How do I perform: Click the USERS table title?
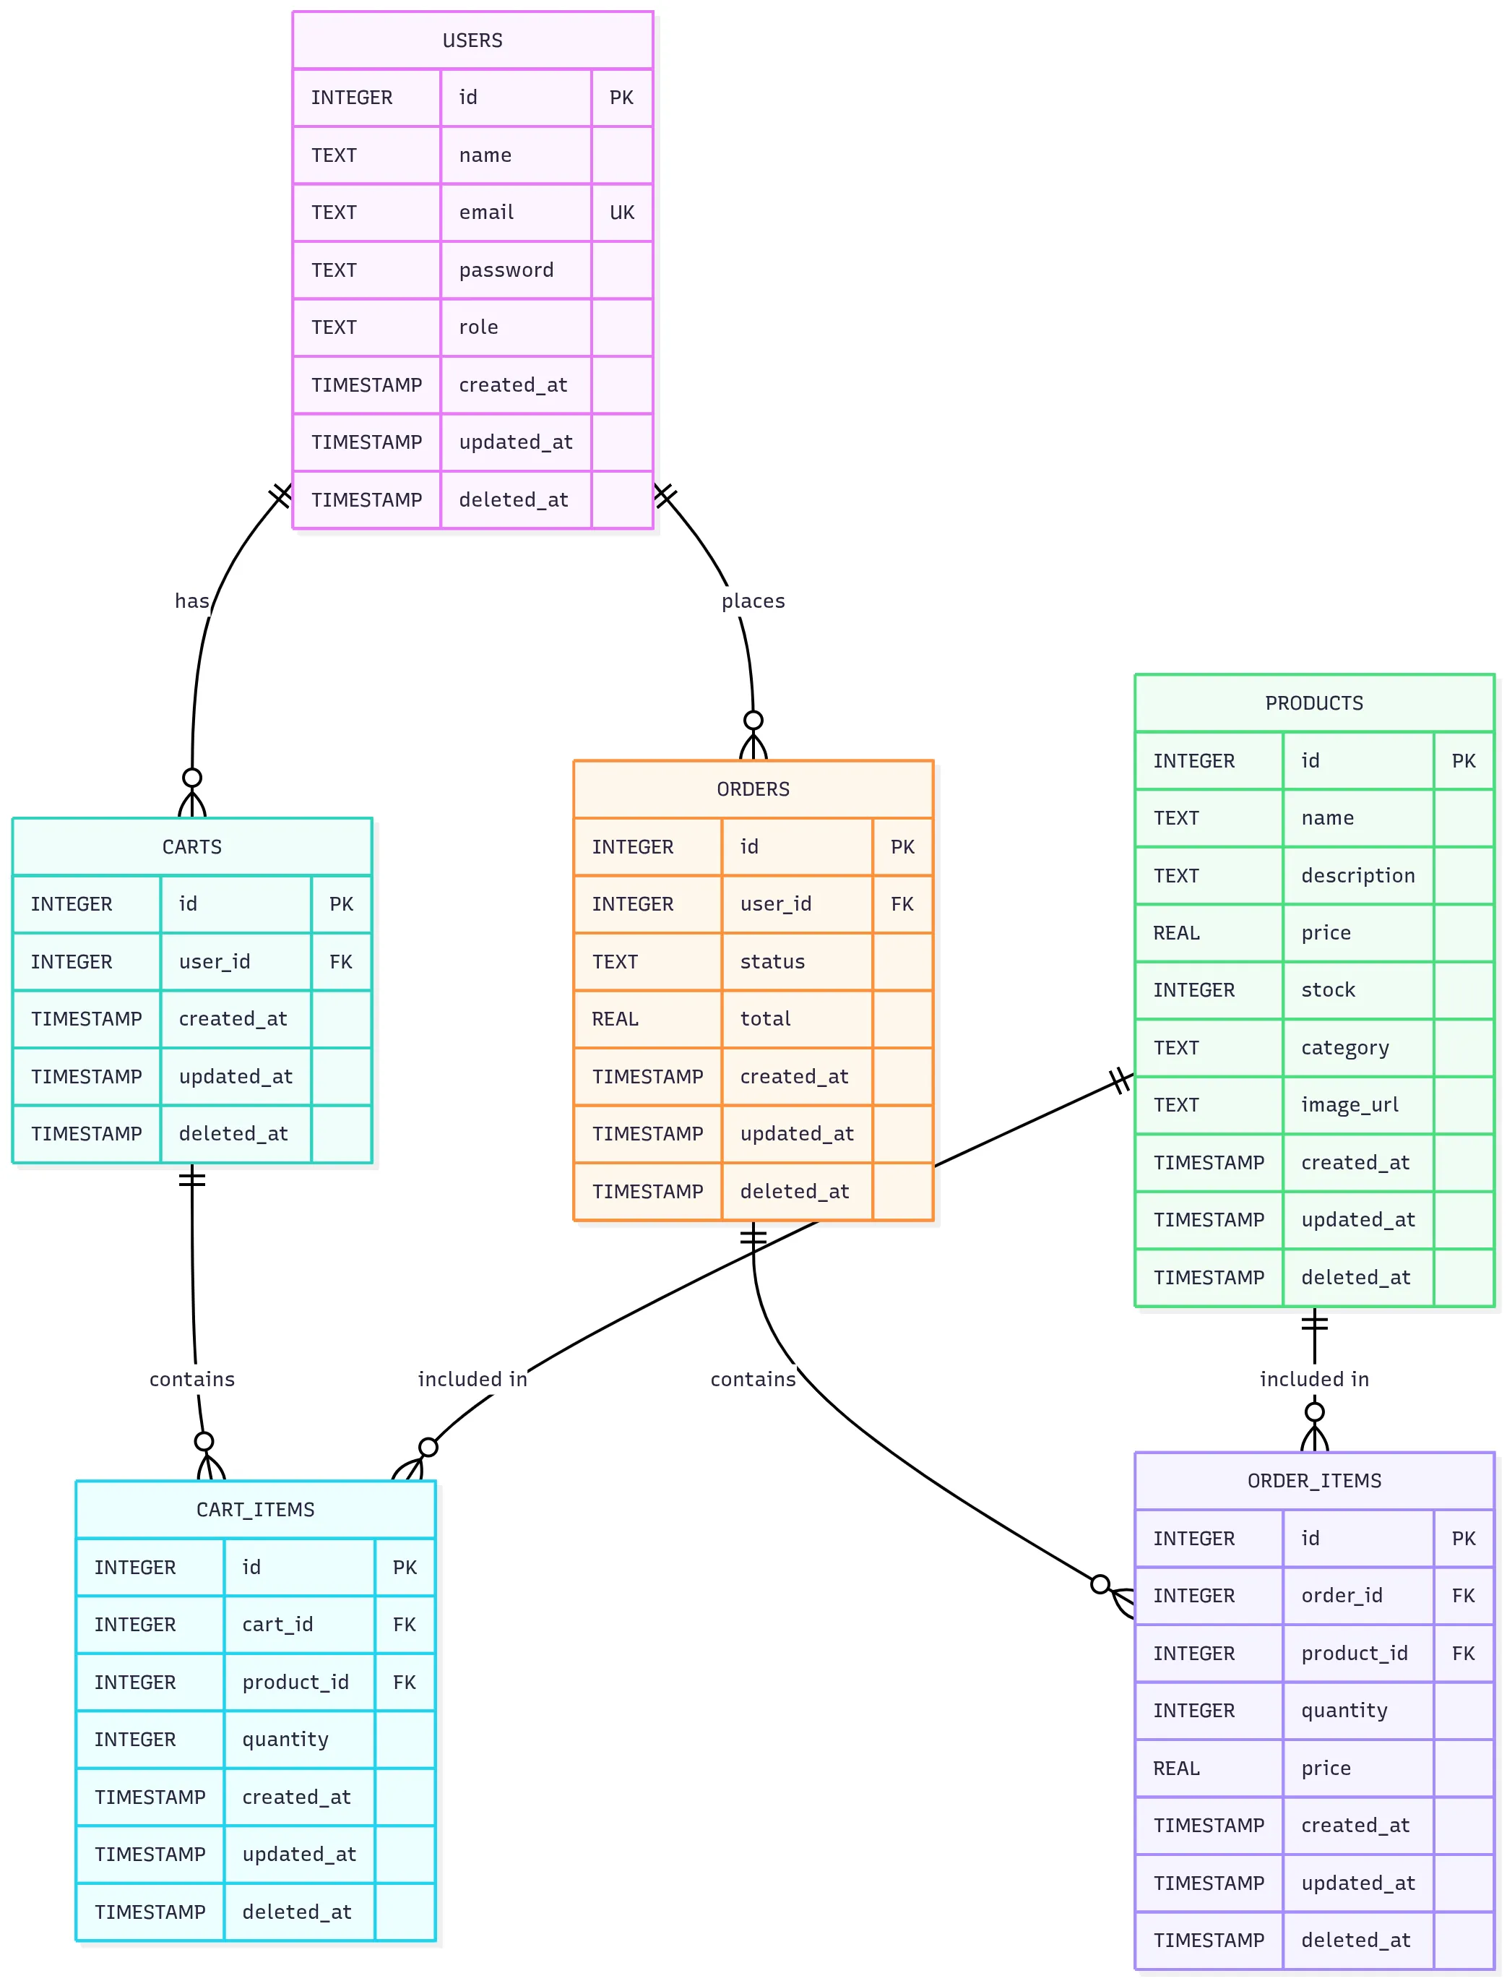472,40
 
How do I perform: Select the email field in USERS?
486,212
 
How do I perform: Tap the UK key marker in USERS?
621,212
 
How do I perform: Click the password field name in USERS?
506,270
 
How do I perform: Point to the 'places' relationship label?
753,601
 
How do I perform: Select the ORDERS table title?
753,789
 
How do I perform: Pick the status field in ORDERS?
772,962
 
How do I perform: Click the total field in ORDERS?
765,1019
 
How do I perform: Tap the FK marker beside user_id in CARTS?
341,962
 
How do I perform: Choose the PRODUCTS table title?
1314,703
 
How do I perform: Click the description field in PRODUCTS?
1358,876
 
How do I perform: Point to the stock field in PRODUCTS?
1329,990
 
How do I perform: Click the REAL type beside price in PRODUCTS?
1176,933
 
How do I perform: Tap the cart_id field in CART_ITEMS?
278,1625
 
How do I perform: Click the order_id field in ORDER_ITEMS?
1342,1596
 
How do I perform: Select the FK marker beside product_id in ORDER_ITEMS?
1463,1654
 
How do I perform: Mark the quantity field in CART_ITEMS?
285,1740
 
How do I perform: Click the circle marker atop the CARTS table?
192,778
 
